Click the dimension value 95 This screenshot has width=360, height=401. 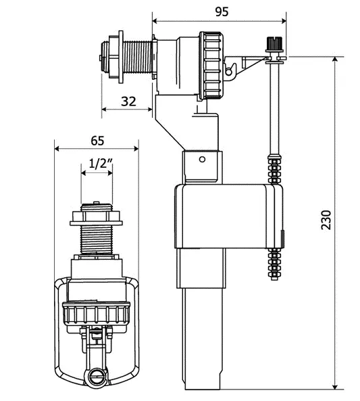click(222, 11)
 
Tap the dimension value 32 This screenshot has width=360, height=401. click(128, 101)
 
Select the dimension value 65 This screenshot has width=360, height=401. click(98, 141)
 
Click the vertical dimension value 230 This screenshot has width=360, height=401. click(326, 220)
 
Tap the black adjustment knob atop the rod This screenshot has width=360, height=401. click(274, 43)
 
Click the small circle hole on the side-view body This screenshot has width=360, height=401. click(202, 160)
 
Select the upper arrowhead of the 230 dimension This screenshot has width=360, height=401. click(335, 60)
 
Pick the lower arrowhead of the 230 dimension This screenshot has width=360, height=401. click(335, 394)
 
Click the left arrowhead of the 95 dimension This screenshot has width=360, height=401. click(155, 21)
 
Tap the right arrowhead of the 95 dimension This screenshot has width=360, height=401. click(284, 21)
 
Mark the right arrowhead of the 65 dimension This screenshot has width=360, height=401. click(136, 149)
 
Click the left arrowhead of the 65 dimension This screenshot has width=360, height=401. click(57, 149)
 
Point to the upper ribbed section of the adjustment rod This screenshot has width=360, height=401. click(274, 169)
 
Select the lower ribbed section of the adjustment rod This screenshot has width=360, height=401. click(274, 264)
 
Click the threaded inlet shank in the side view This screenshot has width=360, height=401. click(137, 59)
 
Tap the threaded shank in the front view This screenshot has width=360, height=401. click(97, 240)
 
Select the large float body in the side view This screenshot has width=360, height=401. click(229, 216)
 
